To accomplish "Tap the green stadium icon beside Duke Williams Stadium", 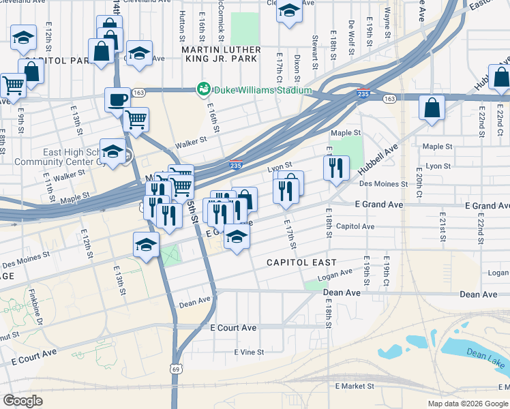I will click(203, 89).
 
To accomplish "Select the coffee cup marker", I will click(117, 100).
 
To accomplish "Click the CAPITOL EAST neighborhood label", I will click(301, 262).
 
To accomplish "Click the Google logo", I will click(22, 400).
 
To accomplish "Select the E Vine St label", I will click(249, 352).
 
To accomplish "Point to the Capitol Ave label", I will click(355, 226).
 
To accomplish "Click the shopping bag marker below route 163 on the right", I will click(432, 108).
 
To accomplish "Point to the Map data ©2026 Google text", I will click(468, 404).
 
